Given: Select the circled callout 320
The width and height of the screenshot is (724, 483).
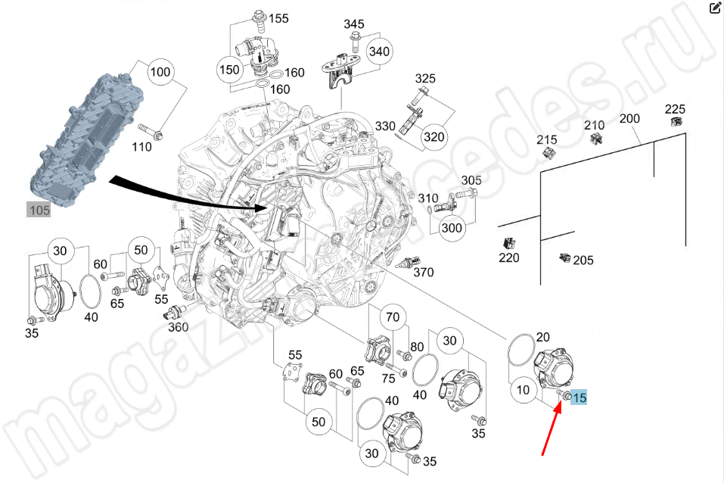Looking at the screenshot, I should coord(433,137).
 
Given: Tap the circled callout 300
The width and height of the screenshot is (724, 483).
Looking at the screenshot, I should coord(452,227).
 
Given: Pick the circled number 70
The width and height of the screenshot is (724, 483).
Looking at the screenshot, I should coord(392,316).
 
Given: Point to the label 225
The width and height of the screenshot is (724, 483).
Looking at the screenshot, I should coord(675,108).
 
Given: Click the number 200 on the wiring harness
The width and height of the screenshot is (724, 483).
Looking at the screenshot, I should coord(629,119).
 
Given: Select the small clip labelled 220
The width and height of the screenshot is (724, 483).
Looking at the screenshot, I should coord(508,243).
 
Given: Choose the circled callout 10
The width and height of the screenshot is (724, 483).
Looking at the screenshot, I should coord(522,392).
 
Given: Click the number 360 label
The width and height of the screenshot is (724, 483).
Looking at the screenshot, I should coord(178,327).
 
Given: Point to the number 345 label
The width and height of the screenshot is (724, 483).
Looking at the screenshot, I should coord(354,24).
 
